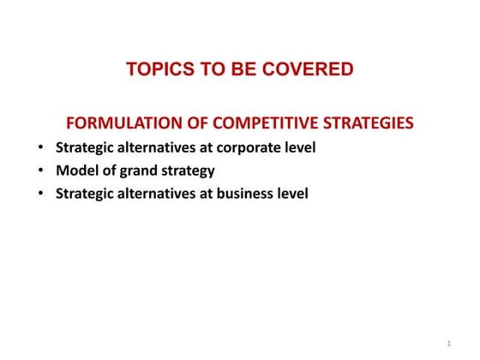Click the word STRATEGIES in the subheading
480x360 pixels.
[x=366, y=124]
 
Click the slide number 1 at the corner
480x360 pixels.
[x=448, y=344]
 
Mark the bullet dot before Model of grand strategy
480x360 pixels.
[x=41, y=171]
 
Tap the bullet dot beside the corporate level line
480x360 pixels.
[x=41, y=147]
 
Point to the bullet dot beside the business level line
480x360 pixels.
[x=41, y=194]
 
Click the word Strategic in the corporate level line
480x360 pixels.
[x=84, y=147]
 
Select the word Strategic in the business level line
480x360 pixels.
[x=84, y=194]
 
